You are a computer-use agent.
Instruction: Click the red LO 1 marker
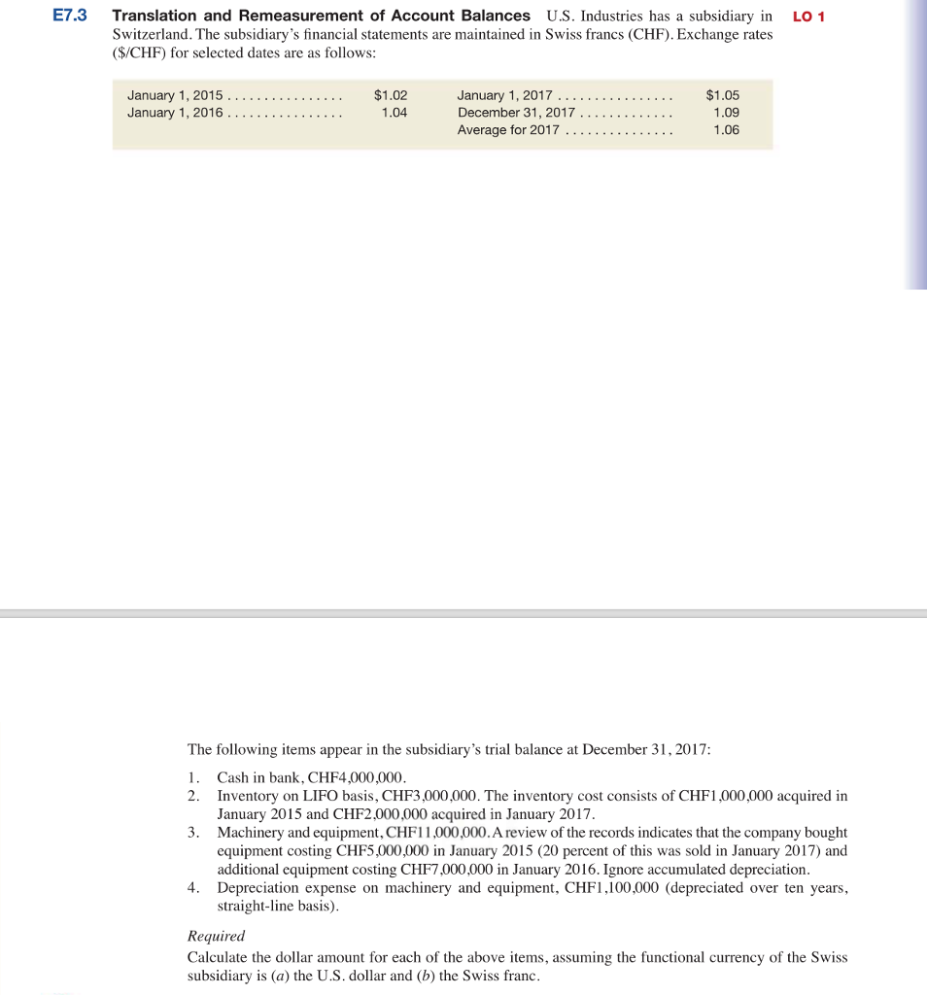coord(808,17)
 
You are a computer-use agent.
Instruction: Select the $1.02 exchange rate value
coord(391,95)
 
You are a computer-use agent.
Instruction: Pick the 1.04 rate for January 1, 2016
coord(395,113)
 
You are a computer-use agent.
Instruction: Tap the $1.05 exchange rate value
coord(723,95)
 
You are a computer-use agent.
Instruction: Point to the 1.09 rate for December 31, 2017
coord(726,113)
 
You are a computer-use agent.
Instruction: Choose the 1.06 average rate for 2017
coord(726,130)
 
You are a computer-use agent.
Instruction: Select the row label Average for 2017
coord(508,130)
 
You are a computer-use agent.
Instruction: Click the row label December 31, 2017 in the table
coord(515,113)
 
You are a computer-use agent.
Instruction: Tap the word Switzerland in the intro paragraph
coord(151,34)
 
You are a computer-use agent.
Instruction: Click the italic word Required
coord(216,937)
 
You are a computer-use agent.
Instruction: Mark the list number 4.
coord(193,888)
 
